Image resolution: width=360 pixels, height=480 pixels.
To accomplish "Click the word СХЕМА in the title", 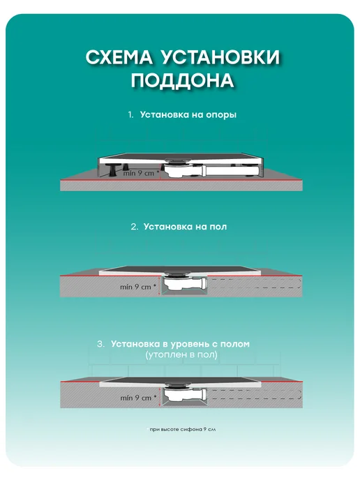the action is click(119, 57).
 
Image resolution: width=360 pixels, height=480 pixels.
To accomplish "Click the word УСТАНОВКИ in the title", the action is click(220, 57).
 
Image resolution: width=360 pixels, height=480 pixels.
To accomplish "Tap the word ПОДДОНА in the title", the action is click(183, 80).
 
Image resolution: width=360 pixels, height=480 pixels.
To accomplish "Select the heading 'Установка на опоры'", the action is click(188, 115).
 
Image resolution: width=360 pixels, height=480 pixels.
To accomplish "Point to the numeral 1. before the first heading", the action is click(131, 115).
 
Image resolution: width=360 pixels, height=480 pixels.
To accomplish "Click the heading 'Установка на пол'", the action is click(185, 227).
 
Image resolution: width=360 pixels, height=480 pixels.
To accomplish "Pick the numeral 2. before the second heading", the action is click(135, 227).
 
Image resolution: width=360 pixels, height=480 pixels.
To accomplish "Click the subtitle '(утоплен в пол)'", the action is click(181, 355).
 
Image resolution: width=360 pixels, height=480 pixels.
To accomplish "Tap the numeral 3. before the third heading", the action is click(100, 344).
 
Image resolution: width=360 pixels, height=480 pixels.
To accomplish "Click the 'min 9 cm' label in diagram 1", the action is click(140, 173).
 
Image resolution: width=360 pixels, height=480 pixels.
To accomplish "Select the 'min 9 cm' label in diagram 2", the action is click(138, 287).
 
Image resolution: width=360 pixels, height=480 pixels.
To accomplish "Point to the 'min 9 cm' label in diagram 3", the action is click(138, 398).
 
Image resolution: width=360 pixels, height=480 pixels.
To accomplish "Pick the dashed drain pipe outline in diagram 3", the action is click(255, 395).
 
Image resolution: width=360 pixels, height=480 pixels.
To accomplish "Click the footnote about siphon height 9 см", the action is click(182, 430).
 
